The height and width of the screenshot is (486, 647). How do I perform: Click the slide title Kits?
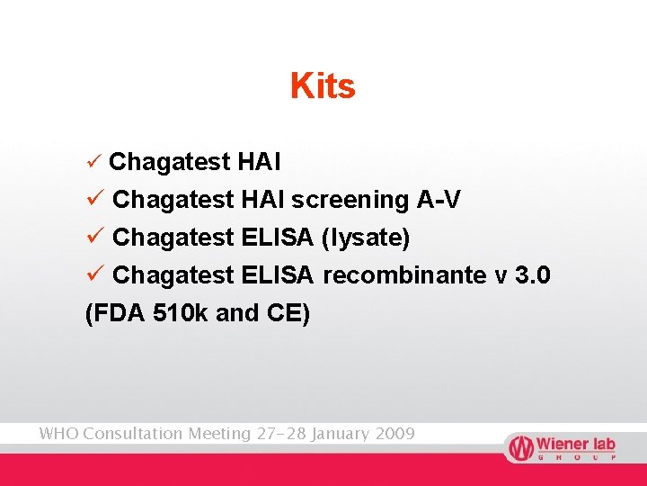(x=323, y=86)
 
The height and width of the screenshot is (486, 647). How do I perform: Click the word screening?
(x=350, y=200)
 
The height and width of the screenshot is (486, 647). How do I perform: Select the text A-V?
(x=439, y=199)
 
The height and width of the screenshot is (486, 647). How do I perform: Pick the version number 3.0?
(x=533, y=274)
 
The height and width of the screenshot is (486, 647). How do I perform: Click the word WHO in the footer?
(x=58, y=434)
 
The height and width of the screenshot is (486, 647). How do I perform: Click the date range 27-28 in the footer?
(x=281, y=434)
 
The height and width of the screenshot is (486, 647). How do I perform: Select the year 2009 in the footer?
(x=394, y=434)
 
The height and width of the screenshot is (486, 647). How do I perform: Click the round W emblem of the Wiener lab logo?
(x=519, y=447)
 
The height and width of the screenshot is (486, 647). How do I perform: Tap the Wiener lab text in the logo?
(x=575, y=444)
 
